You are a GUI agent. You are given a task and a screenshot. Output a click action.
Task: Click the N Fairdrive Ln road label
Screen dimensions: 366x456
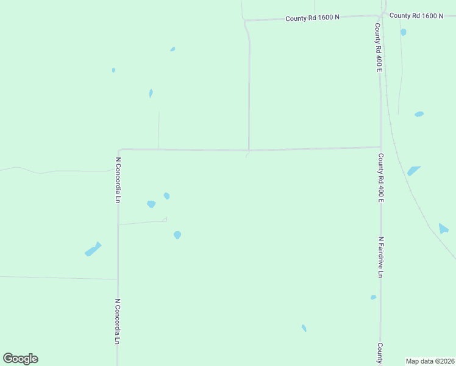click(x=380, y=257)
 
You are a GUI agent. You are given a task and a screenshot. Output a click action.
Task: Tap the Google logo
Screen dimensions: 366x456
click(x=21, y=359)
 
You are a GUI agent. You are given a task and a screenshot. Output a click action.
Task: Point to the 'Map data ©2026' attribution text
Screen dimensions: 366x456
click(x=430, y=361)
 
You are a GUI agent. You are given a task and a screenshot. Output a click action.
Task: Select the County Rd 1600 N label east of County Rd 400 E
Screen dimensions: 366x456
click(x=416, y=15)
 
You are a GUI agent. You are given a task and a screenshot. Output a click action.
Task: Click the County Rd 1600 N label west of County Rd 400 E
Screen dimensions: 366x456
click(x=313, y=18)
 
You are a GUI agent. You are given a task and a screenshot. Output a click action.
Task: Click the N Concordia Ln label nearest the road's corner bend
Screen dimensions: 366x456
click(x=118, y=180)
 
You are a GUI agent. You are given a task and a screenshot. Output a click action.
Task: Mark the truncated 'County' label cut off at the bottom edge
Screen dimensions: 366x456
click(x=380, y=354)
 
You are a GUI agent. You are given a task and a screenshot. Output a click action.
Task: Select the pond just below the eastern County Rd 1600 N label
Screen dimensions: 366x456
click(x=404, y=32)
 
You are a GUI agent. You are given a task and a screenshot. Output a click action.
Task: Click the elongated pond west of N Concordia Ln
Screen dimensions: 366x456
click(x=93, y=249)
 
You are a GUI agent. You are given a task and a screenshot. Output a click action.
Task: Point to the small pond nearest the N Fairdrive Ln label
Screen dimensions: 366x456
click(x=373, y=298)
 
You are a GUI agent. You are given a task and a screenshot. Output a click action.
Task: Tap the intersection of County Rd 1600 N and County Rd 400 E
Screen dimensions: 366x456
click(x=381, y=16)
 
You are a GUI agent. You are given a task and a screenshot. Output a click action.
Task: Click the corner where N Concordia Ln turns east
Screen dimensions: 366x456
click(x=119, y=149)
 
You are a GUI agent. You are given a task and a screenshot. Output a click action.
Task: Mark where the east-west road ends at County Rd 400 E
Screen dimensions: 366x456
click(x=381, y=147)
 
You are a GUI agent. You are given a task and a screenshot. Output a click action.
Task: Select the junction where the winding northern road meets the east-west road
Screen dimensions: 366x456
click(x=249, y=149)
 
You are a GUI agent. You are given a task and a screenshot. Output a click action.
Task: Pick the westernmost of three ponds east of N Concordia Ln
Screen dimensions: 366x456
click(x=151, y=204)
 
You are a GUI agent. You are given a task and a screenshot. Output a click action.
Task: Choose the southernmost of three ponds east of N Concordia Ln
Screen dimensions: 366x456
click(x=177, y=235)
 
